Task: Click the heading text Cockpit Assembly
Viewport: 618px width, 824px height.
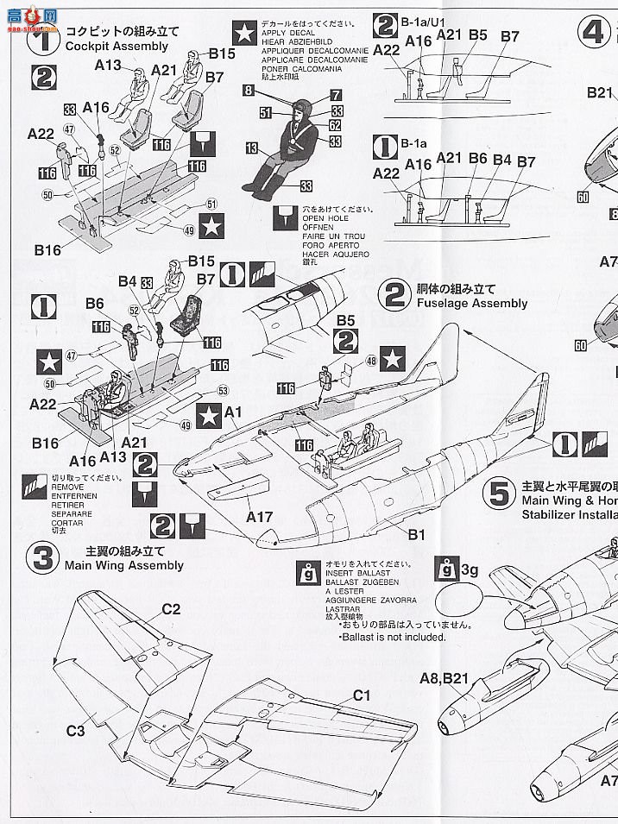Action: tap(117, 46)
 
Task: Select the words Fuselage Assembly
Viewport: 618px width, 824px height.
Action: tap(471, 303)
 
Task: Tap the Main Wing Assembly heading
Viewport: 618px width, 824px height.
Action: tap(123, 565)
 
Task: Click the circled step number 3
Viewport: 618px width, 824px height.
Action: tap(40, 558)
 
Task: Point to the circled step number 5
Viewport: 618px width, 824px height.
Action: tap(499, 494)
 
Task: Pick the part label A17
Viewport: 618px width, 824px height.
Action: tap(259, 517)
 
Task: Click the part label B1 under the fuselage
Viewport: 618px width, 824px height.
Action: tap(416, 535)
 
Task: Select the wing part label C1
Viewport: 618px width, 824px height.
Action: tap(361, 695)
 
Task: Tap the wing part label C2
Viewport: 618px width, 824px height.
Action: tap(171, 609)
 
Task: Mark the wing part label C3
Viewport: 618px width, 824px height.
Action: tap(76, 731)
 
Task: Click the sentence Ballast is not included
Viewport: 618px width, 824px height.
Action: tap(394, 637)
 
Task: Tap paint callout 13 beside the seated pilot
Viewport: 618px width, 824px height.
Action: tap(251, 148)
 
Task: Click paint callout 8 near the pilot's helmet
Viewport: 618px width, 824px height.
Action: tap(248, 90)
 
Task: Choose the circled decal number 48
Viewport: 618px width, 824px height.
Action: tap(371, 360)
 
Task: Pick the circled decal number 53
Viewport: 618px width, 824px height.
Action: tap(223, 390)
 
